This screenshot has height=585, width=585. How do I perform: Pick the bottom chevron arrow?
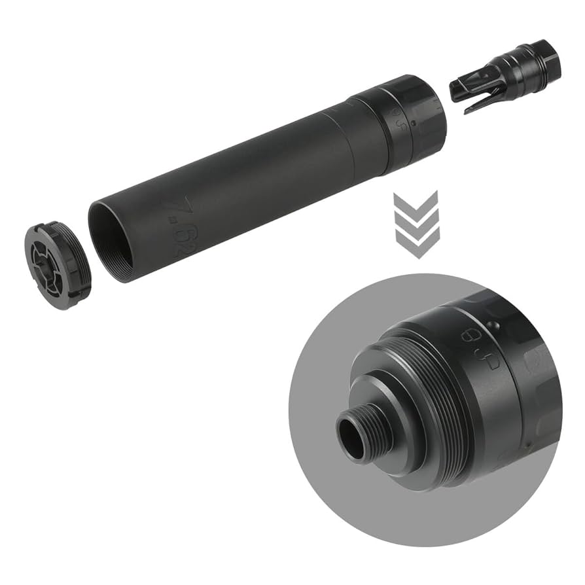[x=415, y=243]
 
